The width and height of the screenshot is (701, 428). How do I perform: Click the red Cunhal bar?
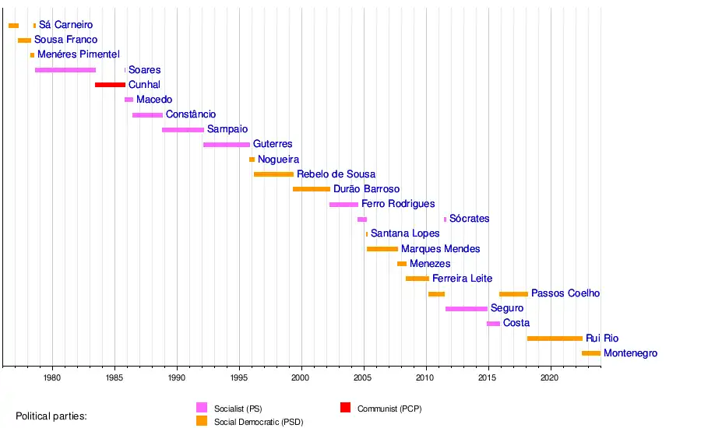coord(110,85)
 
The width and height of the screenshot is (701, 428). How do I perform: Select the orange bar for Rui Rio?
coord(555,339)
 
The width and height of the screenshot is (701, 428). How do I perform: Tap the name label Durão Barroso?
coord(366,189)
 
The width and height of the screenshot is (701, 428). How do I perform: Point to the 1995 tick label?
coord(239,377)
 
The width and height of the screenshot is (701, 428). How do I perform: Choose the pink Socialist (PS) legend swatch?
coord(202,407)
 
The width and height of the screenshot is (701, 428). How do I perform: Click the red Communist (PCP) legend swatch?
coord(346,407)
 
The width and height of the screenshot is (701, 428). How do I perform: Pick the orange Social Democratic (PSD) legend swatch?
coord(202,421)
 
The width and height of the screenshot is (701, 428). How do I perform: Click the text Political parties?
coord(51,416)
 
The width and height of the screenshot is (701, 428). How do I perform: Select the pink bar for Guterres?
coord(227,145)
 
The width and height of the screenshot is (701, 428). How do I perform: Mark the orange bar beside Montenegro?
coord(591,353)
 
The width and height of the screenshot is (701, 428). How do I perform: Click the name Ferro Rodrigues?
coord(398,204)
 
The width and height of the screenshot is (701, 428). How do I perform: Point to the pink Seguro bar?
coord(467,309)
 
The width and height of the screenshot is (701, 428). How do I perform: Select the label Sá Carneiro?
coord(65,26)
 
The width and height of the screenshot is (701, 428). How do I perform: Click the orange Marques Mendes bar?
coord(382,249)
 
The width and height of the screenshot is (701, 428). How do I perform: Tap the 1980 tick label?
coord(52,377)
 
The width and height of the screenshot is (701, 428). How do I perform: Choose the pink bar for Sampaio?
coord(183,130)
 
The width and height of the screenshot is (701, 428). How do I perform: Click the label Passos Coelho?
coord(565,293)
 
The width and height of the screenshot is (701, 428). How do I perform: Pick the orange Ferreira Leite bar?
coord(417,279)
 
